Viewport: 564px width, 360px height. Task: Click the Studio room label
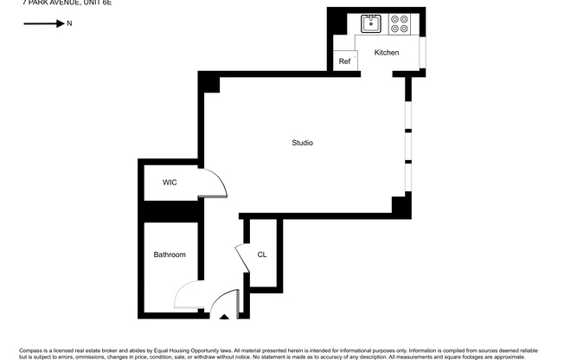point(302,143)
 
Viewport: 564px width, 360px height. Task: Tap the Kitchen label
point(387,53)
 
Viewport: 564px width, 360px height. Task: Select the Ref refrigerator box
point(344,61)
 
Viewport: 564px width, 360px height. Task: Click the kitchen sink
point(371,23)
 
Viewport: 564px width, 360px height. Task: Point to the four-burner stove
point(399,23)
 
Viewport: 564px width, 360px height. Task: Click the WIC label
point(170,183)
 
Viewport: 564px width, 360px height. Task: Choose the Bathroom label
point(170,254)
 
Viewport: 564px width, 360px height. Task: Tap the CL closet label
point(261,254)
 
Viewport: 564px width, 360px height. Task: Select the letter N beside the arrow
point(69,24)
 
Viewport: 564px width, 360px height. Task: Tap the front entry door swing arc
point(221,301)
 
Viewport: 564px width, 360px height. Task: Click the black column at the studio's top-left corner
point(208,82)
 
